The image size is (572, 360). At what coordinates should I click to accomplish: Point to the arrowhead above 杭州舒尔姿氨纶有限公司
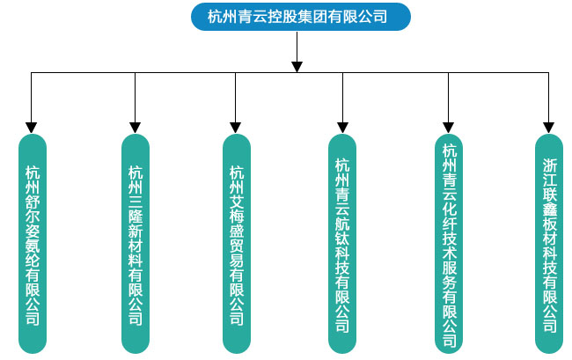click(33, 127)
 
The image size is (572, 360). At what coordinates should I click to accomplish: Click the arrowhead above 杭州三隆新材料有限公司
click(136, 127)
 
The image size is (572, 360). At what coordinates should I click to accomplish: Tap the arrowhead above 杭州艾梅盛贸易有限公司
click(237, 127)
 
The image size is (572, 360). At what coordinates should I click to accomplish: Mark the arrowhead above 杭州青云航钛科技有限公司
click(342, 127)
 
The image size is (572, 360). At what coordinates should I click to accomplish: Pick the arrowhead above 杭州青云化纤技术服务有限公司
click(450, 127)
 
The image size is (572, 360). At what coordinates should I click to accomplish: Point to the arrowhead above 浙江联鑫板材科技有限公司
click(550, 127)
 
